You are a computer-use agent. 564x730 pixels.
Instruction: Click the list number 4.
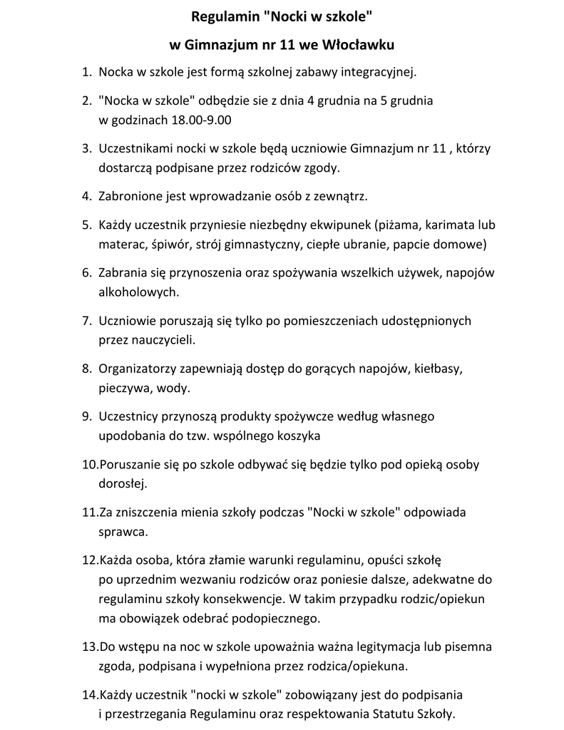click(x=86, y=196)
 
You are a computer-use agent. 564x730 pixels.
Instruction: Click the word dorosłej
click(x=123, y=483)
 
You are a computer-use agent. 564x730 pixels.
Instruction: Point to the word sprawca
click(x=123, y=531)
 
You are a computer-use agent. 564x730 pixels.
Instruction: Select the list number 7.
click(x=86, y=322)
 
